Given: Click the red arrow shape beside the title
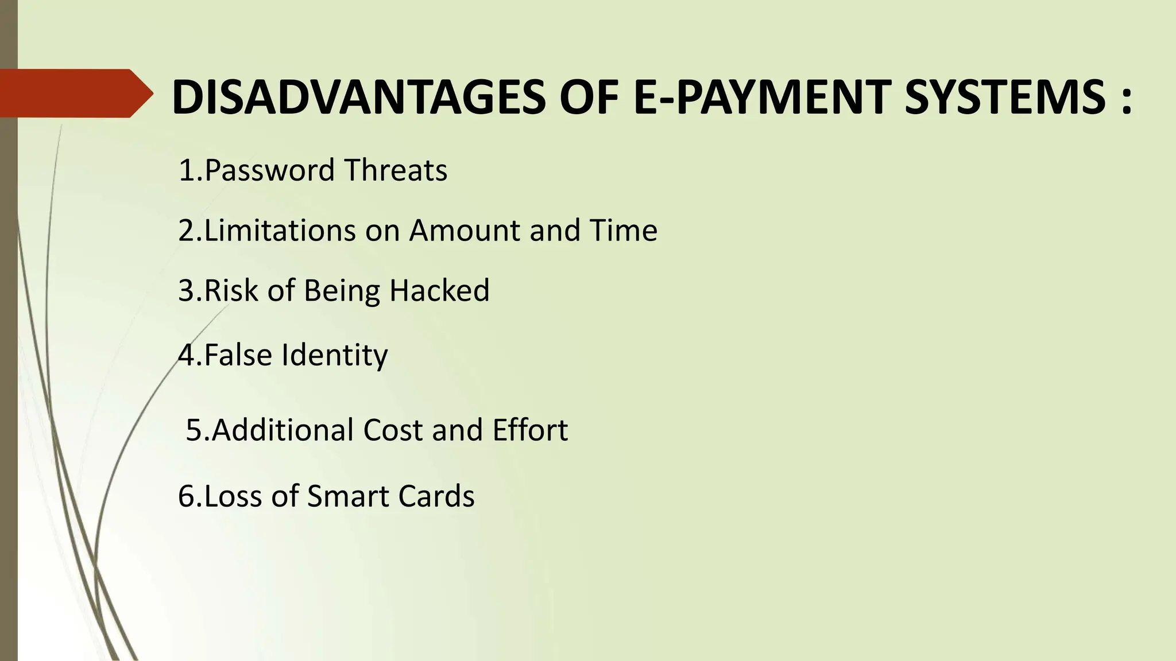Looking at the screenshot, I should click(x=75, y=93).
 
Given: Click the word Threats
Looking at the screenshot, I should click(x=396, y=170).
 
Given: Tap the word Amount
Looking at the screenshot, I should click(x=465, y=231).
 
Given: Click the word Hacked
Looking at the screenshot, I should click(x=439, y=290).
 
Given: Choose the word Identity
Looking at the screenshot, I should click(x=334, y=355).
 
